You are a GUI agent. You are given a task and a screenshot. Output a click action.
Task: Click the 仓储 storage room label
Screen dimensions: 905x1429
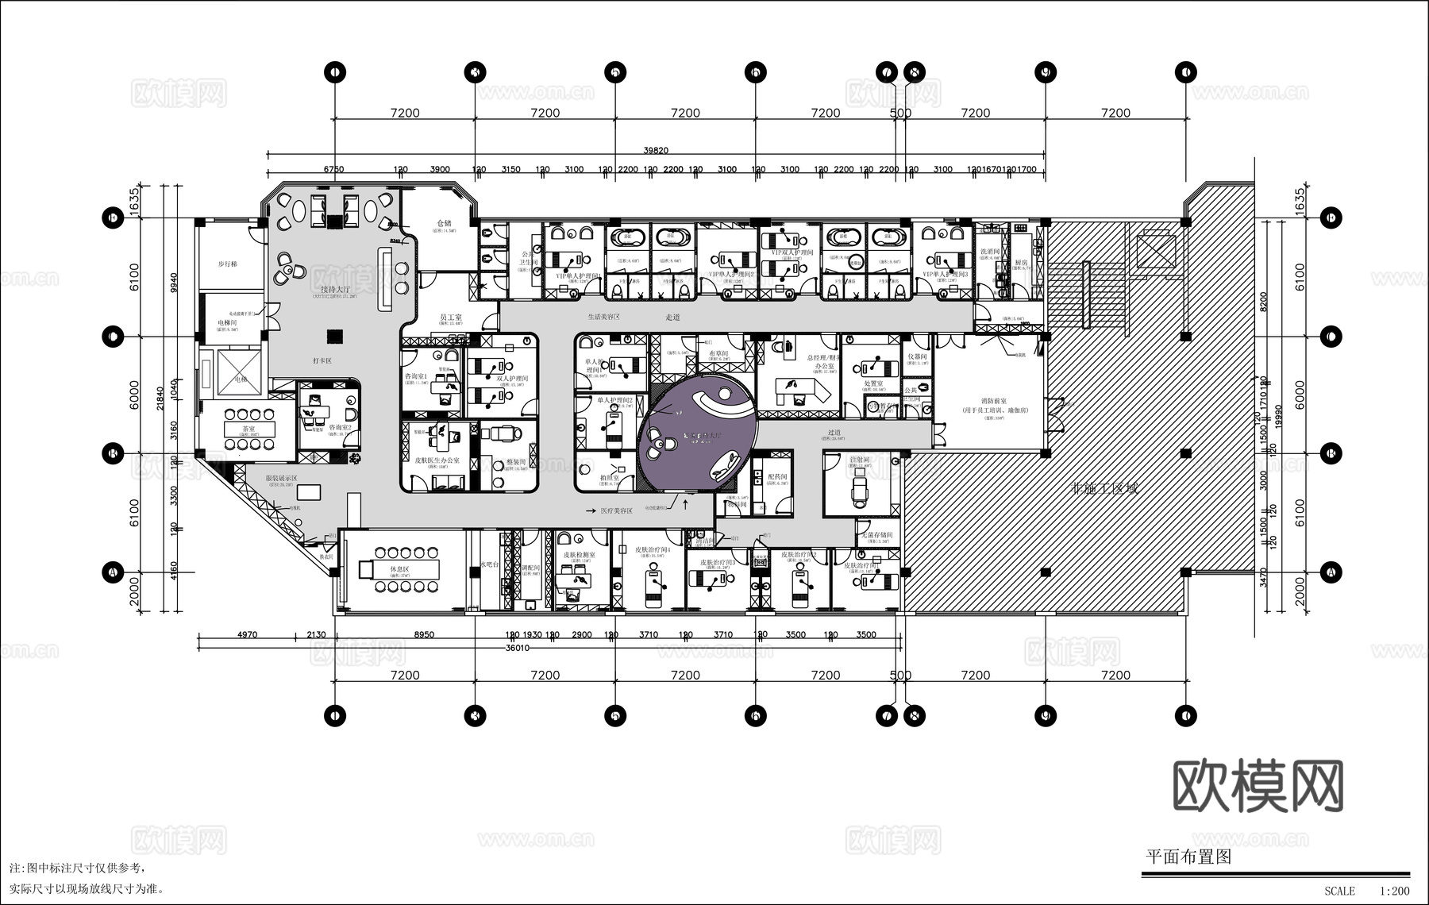(444, 224)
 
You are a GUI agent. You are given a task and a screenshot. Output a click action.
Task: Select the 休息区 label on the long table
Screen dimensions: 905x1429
(399, 570)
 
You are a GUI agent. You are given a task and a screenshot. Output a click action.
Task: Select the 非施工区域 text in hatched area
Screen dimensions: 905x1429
(1105, 488)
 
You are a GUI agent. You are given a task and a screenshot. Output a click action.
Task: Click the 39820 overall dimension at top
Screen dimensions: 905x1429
(656, 150)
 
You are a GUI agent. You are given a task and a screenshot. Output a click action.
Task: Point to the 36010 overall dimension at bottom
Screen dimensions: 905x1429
(517, 647)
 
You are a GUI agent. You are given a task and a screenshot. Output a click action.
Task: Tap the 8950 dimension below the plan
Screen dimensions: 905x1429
(424, 634)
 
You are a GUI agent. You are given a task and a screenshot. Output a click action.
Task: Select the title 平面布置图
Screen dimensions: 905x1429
(1188, 857)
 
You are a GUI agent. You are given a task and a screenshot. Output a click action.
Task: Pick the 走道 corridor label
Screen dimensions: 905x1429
(673, 317)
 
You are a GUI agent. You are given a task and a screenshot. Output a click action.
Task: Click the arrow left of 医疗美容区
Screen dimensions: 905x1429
(591, 510)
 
